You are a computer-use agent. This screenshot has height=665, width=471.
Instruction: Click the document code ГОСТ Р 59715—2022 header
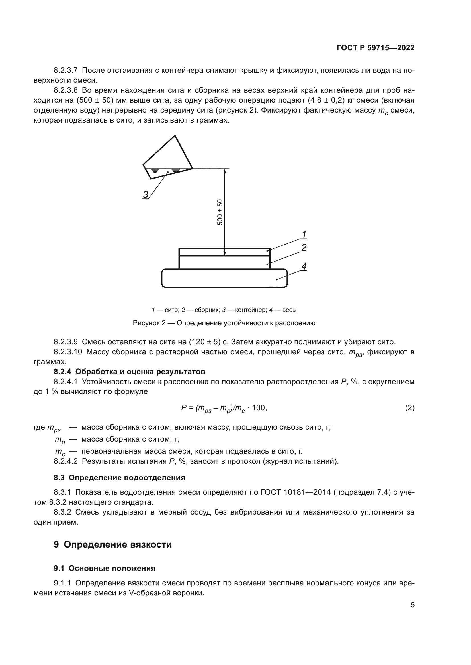pyautogui.click(x=375, y=48)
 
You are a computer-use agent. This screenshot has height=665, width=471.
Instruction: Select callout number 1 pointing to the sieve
pyautogui.click(x=304, y=234)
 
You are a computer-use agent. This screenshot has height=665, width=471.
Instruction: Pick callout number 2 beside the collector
pyautogui.click(x=304, y=248)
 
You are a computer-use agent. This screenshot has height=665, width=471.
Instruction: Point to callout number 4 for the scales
pyautogui.click(x=304, y=266)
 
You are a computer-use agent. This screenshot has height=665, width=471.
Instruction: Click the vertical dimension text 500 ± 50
pyautogui.click(x=220, y=212)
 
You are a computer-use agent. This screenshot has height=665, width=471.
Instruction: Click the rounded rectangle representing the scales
pyautogui.click(x=224, y=278)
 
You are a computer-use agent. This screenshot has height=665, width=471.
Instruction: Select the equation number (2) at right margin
pyautogui.click(x=409, y=408)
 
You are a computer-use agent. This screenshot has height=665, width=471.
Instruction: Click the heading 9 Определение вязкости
pyautogui.click(x=113, y=545)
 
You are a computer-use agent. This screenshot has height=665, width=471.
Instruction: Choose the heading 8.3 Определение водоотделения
pyautogui.click(x=119, y=478)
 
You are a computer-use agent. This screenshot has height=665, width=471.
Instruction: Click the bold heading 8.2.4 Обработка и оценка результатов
pyautogui.click(x=129, y=372)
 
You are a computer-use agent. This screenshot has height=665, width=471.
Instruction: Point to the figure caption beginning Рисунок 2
pyautogui.click(x=224, y=323)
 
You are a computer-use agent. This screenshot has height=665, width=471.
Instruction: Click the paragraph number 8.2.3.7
pyautogui.click(x=65, y=71)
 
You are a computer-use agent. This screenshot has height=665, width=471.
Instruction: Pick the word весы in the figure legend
pyautogui.click(x=289, y=310)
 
